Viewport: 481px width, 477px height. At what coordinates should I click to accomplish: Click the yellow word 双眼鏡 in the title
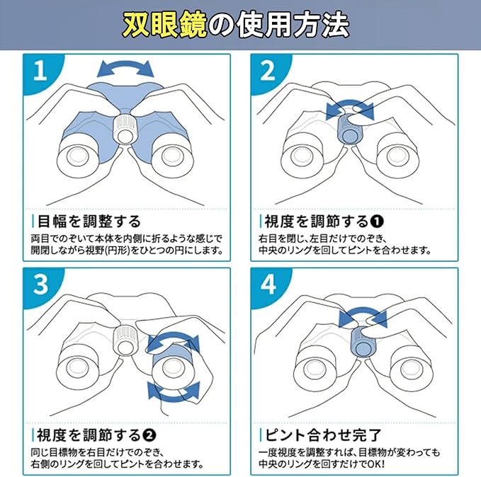[165, 25]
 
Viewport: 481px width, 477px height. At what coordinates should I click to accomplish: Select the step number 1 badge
[40, 71]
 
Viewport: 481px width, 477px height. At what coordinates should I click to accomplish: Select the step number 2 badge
[268, 71]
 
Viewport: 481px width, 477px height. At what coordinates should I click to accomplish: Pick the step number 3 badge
[41, 285]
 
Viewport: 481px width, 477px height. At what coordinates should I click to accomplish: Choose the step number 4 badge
[268, 285]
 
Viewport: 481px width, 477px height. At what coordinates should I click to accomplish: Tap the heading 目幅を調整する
[89, 222]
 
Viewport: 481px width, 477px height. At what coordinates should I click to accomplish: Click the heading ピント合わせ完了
[323, 435]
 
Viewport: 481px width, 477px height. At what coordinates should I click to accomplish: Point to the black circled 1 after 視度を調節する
[377, 222]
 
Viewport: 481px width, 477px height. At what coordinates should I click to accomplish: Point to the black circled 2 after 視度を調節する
[149, 435]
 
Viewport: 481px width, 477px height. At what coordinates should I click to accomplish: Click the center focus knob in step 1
[125, 129]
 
